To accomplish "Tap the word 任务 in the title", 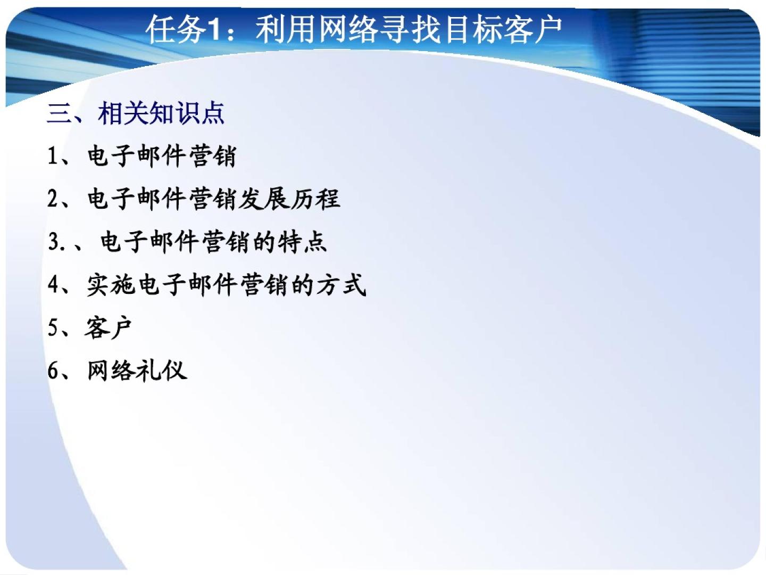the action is (177, 30).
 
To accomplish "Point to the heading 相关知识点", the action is (161, 113).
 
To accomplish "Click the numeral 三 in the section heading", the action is (59, 113).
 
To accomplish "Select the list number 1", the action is (52, 156).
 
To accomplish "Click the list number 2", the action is (53, 199).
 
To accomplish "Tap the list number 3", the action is (53, 242).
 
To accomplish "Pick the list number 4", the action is (53, 284).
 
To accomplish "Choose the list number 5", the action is (53, 327).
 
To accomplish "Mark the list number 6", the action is (53, 371).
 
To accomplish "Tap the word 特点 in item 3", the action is (302, 242).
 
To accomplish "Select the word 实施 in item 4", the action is (111, 285).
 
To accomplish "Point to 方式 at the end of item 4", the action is (342, 285).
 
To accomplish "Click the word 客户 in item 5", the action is (108, 327).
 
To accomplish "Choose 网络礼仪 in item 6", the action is (137, 371).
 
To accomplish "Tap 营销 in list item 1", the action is (213, 156).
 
